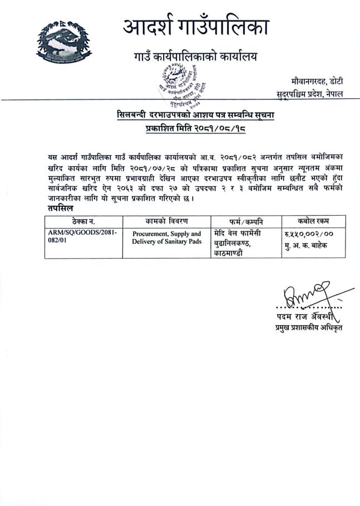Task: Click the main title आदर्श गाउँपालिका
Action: (196, 27)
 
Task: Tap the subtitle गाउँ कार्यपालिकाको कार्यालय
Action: (196, 56)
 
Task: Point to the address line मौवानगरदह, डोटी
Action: (316, 82)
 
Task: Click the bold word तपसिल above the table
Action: (58, 207)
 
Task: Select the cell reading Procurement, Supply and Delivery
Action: (167, 238)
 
